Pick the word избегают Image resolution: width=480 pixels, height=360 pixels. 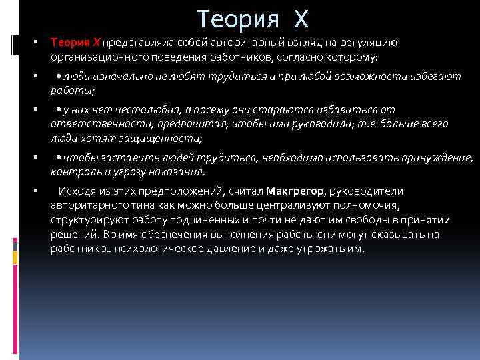pyautogui.click(x=433, y=77)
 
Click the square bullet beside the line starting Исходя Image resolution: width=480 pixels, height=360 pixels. pyautogui.click(x=34, y=191)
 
